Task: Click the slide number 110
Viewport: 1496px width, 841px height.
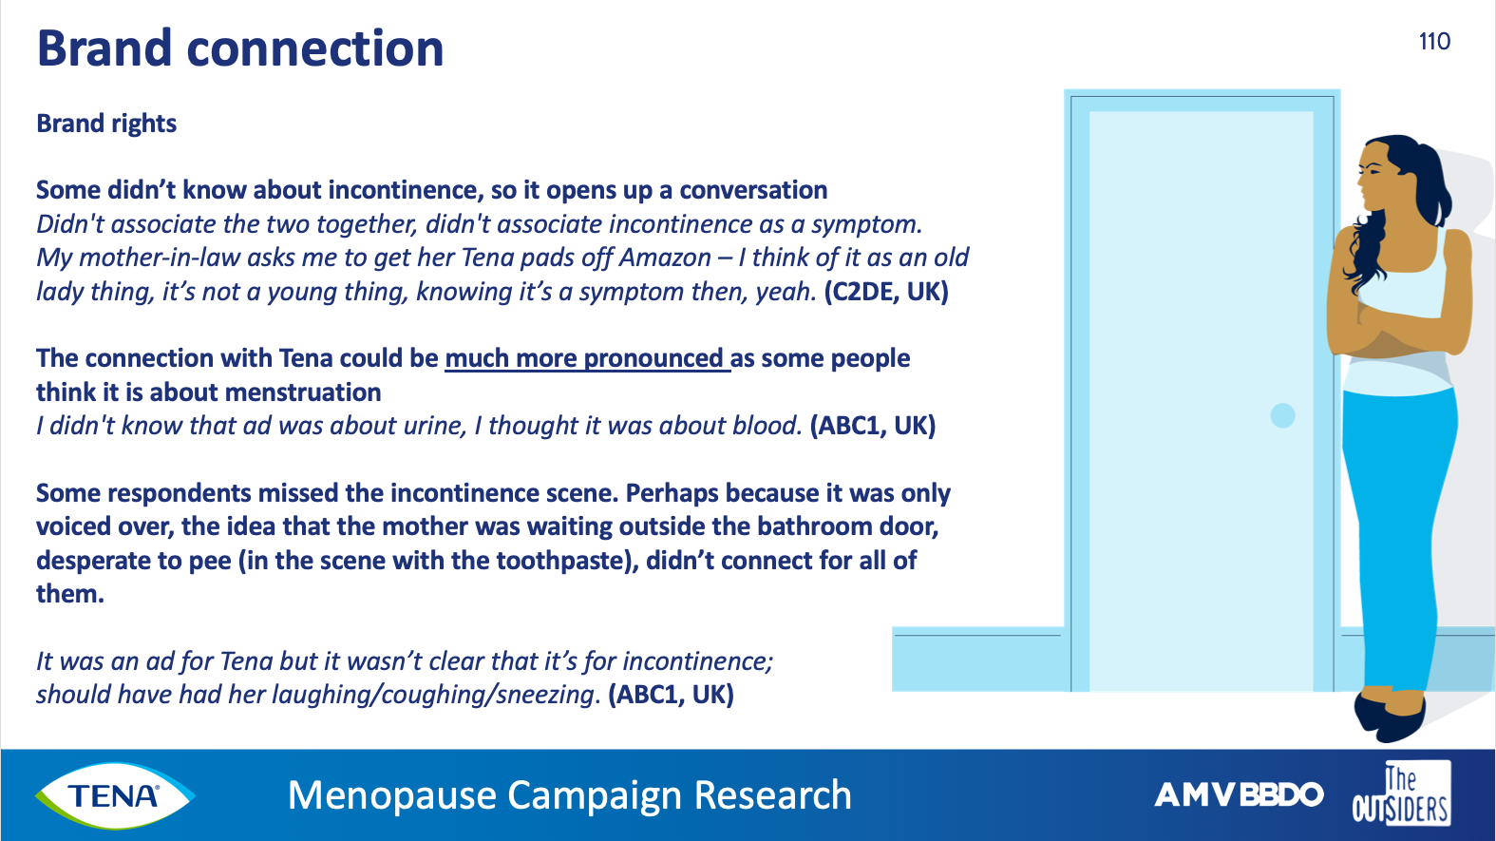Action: [1434, 42]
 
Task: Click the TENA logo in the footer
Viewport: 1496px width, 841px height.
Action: [115, 795]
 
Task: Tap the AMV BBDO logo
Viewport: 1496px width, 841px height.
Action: [1239, 794]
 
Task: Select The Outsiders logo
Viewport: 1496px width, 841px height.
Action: [1400, 793]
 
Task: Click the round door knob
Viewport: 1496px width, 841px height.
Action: [1282, 415]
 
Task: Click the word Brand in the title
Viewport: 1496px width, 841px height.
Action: [104, 48]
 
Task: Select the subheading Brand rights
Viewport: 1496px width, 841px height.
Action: [106, 124]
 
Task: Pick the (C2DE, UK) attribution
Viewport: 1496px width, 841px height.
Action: [886, 292]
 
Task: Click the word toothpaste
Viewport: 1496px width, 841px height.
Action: [537, 561]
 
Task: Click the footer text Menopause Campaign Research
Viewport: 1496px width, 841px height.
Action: [570, 794]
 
